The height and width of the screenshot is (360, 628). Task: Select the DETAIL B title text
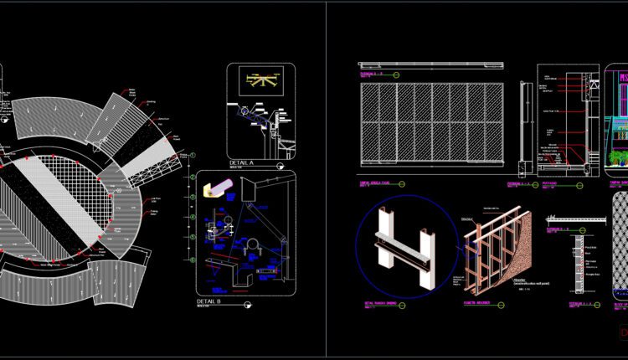[x=208, y=301]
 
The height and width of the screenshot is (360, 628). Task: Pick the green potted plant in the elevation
[x=619, y=157]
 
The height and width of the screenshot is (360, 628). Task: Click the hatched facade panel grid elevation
[x=431, y=123]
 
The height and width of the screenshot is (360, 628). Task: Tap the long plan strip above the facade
[x=431, y=64]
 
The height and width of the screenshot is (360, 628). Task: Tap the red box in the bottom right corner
[x=622, y=333]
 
